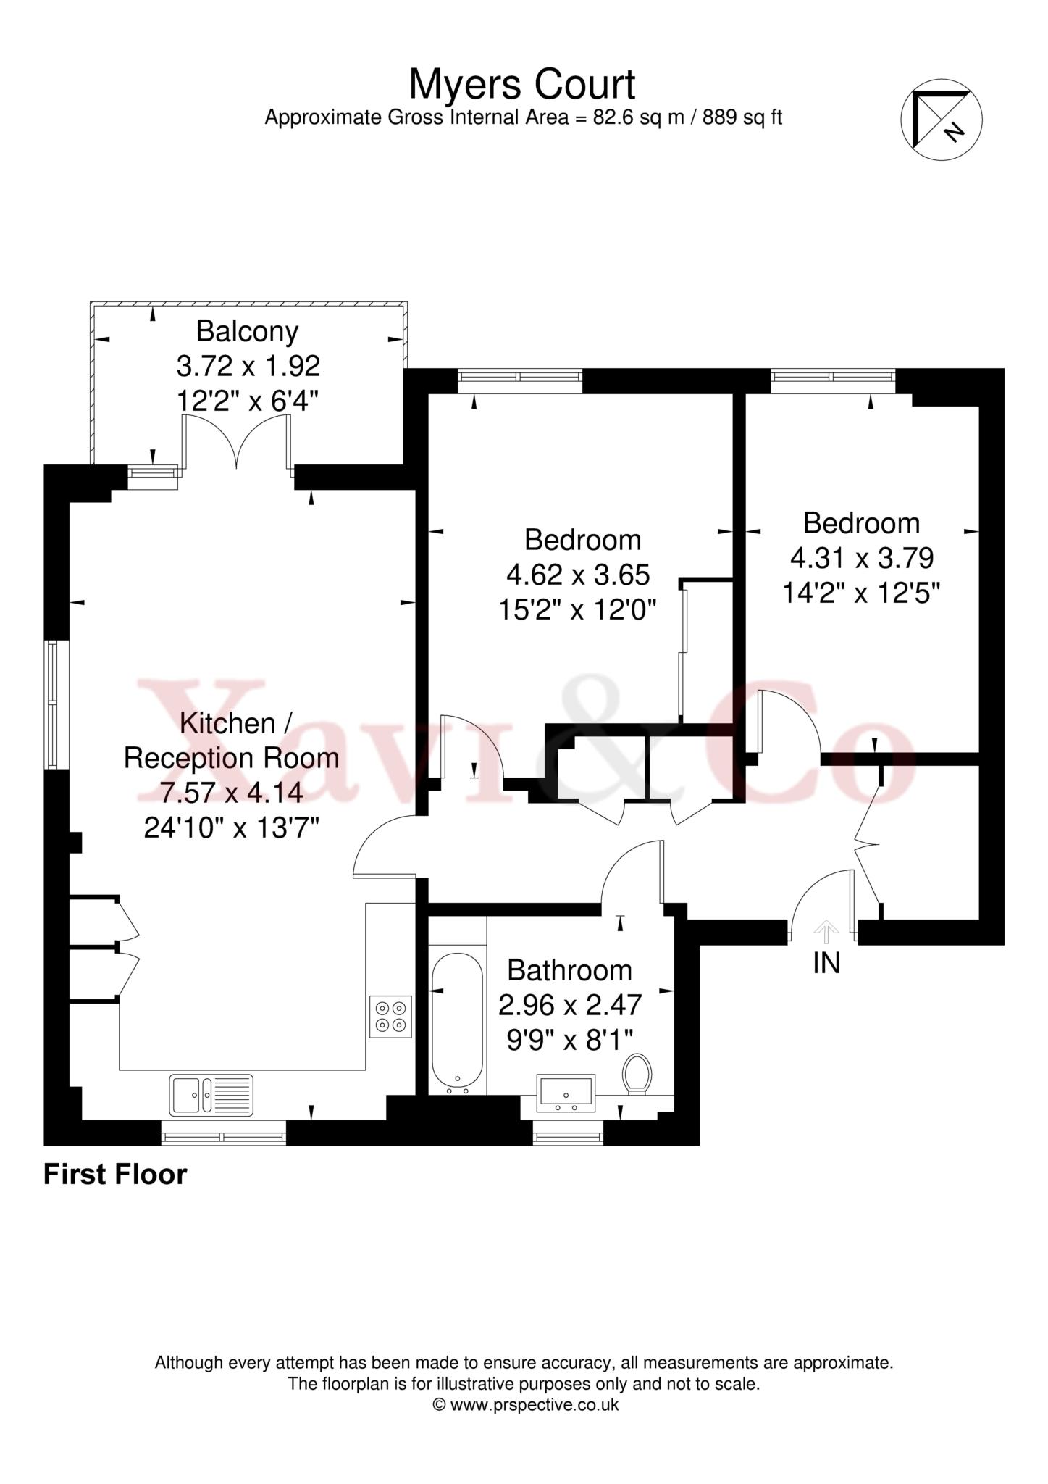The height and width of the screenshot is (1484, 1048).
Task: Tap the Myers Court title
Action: point(522,84)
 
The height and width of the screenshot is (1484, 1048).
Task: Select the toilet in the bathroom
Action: point(637,1075)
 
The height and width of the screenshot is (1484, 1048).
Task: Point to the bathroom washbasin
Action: point(566,1093)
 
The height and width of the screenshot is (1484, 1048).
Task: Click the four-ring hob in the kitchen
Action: point(390,1017)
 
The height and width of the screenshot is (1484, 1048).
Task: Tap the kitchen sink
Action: point(211,1094)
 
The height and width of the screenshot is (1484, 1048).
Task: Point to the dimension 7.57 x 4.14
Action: point(231,793)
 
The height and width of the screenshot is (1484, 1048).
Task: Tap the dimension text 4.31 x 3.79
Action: point(861,558)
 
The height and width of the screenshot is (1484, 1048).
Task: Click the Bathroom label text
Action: point(569,970)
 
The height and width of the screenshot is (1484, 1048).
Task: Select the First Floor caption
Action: point(115,1175)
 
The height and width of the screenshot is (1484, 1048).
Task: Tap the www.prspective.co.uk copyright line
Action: point(525,1404)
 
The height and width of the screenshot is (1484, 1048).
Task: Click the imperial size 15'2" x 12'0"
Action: point(577,610)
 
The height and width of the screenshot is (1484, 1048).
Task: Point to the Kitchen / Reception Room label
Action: point(231,741)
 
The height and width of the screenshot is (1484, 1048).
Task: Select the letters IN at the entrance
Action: point(826,963)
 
